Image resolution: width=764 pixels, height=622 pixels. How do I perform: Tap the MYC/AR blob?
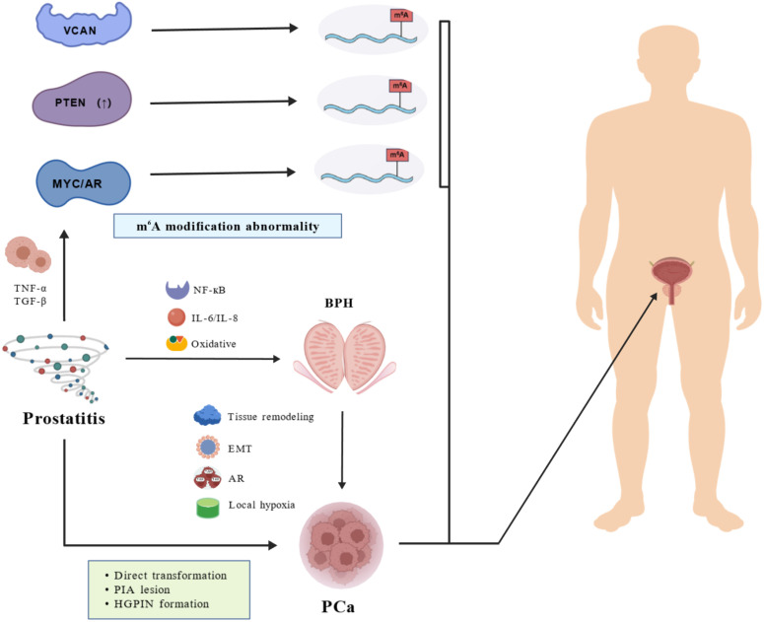[85, 183]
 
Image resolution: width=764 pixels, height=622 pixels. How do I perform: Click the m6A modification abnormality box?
[228, 226]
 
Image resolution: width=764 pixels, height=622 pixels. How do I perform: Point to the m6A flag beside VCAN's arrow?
[401, 16]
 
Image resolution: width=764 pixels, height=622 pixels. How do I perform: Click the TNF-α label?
[31, 289]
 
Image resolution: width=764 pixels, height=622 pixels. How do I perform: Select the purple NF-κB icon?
[176, 290]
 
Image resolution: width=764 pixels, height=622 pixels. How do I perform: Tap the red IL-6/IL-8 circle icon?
[175, 317]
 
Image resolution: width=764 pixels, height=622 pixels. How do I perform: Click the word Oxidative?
[213, 344]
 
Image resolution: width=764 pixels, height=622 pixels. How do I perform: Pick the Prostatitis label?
[64, 418]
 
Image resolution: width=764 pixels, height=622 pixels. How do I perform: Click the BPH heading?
[339, 303]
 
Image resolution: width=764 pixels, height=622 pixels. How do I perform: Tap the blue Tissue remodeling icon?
[208, 415]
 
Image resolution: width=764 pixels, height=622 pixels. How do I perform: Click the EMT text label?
[240, 449]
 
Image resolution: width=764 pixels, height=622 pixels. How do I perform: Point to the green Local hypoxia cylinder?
[208, 508]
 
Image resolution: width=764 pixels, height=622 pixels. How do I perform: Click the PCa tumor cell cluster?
[341, 544]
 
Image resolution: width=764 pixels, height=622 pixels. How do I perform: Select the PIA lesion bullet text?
[142, 589]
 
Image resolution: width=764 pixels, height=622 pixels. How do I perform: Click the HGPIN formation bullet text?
[162, 604]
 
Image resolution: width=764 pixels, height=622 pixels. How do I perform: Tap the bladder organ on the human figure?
[671, 274]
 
